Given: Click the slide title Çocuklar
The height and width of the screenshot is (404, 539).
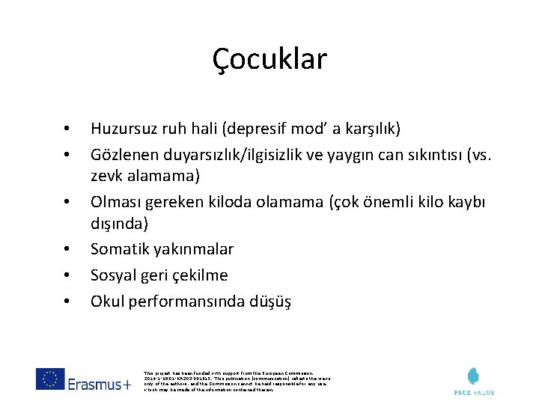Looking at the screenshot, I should (x=269, y=59).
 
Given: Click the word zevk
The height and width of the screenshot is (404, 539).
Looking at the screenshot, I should (x=107, y=177).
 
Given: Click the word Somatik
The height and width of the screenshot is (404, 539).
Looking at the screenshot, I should (x=119, y=249).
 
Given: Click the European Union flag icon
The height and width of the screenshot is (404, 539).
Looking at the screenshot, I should (x=50, y=379).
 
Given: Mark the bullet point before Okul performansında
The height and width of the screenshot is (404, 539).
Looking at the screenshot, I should (x=67, y=302).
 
